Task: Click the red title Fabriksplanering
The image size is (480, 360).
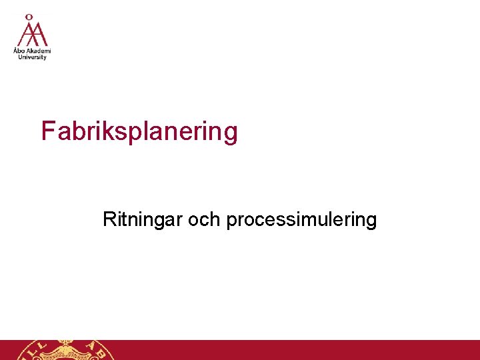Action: coord(139,131)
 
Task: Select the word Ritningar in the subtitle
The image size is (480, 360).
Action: coord(142,219)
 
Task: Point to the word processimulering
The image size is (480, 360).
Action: coord(301,220)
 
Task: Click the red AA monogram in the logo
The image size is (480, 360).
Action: coord(32,33)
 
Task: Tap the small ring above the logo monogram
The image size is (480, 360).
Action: coord(29,16)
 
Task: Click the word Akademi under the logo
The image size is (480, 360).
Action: coord(38,51)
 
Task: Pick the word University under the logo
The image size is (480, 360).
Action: coord(32,57)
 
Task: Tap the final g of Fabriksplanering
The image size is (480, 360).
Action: coord(230,133)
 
